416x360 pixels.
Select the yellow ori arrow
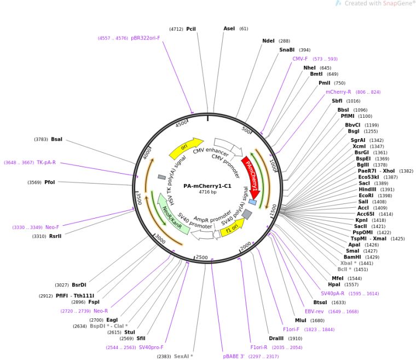coord(186,148)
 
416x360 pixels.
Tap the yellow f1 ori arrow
coord(233,228)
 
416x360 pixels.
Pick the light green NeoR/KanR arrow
coord(172,214)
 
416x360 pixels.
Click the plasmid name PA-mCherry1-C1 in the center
coord(207,186)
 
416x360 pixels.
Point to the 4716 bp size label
coord(207,192)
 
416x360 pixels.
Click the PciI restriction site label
coord(191,28)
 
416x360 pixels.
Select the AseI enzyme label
coord(229,28)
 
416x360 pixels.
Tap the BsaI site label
coord(56,139)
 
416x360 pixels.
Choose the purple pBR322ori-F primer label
coord(146,38)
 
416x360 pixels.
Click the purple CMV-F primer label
coord(300,59)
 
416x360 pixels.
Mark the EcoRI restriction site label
coord(366,196)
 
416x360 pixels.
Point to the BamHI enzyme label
coord(352,257)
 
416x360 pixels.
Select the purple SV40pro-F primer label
coord(151,347)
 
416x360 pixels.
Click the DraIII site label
coord(276,338)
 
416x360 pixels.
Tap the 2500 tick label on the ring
coord(201,257)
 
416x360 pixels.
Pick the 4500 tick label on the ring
coord(181,124)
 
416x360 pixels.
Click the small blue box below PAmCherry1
coord(252,202)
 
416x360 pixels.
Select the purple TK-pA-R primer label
coord(46,162)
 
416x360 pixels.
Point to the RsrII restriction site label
coord(55,236)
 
